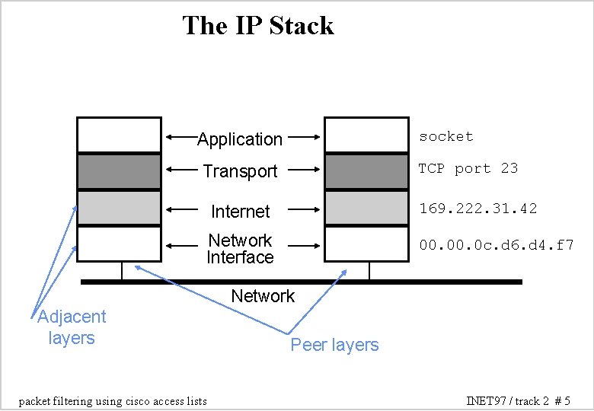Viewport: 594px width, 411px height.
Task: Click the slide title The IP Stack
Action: [258, 26]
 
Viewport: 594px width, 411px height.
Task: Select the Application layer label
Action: [240, 139]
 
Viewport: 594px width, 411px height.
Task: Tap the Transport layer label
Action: [240, 172]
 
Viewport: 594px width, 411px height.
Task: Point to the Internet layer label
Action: [240, 211]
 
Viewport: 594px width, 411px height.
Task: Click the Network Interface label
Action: [240, 249]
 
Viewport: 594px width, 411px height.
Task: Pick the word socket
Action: [446, 136]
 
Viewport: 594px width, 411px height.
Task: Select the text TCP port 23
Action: [468, 168]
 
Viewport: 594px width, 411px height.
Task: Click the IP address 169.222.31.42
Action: [477, 207]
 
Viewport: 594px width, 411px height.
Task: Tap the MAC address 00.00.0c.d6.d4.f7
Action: [496, 245]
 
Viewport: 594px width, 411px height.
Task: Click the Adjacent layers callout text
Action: [72, 327]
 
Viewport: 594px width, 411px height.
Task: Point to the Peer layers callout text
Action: [334, 346]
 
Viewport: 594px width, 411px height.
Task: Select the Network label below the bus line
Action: [262, 296]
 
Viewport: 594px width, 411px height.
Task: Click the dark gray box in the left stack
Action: [120, 171]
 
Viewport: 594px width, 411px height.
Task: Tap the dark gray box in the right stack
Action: [366, 171]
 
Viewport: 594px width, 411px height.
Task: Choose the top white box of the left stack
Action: [120, 135]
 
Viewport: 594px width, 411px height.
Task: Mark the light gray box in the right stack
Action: [366, 208]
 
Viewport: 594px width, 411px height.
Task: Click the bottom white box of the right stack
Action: [366, 244]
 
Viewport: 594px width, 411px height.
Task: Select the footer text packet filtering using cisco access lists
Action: [112, 400]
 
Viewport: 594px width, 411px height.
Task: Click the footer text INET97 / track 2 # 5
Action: [518, 400]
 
